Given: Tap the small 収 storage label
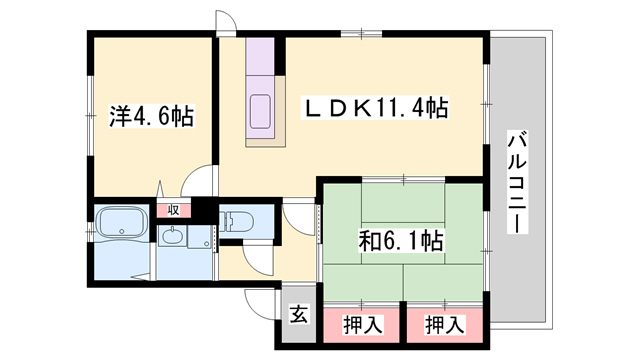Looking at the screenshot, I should click(173, 210).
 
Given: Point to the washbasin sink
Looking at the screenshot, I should click(172, 236).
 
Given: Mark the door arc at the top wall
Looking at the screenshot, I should click(226, 25).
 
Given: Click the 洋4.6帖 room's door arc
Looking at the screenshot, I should click(202, 183).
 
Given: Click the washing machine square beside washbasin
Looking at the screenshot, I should click(201, 240).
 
